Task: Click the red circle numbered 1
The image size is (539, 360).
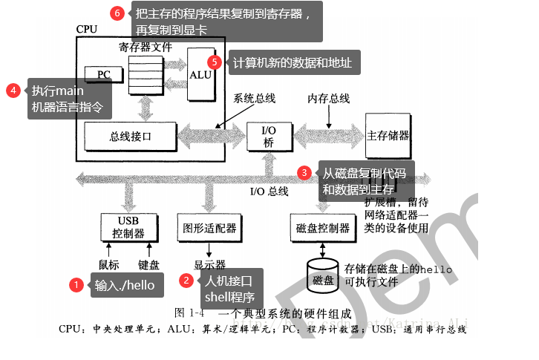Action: [x=76, y=285]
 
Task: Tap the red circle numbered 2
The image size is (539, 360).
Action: [x=187, y=280]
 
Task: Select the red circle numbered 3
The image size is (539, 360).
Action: [x=304, y=172]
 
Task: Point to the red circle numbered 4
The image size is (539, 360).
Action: [x=13, y=91]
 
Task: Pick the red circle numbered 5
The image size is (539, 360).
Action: [x=215, y=62]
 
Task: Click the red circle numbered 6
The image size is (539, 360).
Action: [x=117, y=13]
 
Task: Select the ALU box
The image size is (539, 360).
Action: [x=200, y=74]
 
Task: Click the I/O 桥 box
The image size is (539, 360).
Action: [x=269, y=137]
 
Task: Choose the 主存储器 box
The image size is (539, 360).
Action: [x=388, y=137]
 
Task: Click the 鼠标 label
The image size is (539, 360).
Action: [x=108, y=264]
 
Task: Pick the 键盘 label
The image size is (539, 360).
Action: [x=148, y=264]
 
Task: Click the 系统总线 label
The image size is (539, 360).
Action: [x=254, y=99]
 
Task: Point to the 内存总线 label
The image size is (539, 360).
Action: [x=329, y=99]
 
